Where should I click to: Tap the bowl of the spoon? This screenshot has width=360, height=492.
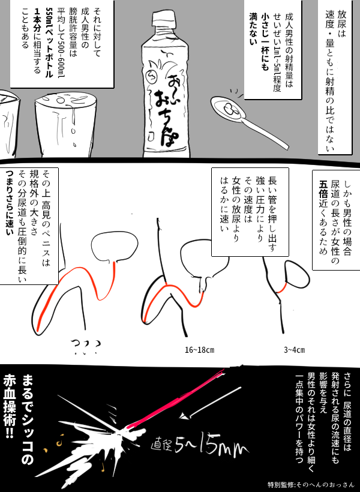(228, 109)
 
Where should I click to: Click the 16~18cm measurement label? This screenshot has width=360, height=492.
(200, 350)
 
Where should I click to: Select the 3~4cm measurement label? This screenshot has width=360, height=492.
(294, 350)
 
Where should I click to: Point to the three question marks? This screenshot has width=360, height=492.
(85, 347)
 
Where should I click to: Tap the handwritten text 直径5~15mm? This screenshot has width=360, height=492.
(200, 446)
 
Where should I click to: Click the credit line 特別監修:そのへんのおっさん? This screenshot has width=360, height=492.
(311, 484)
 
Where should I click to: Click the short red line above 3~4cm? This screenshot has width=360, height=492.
(281, 288)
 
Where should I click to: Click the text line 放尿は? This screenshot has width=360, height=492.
(342, 23)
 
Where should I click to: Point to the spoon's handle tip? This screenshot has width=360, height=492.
(287, 146)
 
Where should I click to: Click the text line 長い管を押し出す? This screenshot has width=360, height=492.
(272, 214)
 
